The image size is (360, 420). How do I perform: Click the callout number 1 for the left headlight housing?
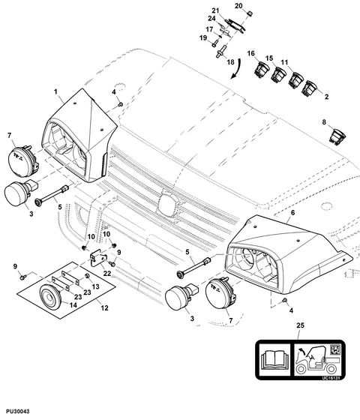pyautogui.click(x=55, y=91)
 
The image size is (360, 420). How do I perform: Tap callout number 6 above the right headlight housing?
pyautogui.click(x=292, y=213)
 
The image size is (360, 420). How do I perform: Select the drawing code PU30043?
pyautogui.click(x=18, y=411)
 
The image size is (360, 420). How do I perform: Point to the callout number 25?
pyautogui.click(x=301, y=325)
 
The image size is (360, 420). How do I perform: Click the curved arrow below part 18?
pyautogui.click(x=236, y=69)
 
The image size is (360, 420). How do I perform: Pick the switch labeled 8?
pyautogui.click(x=337, y=136)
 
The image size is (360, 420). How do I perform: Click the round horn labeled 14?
pyautogui.click(x=50, y=295)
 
